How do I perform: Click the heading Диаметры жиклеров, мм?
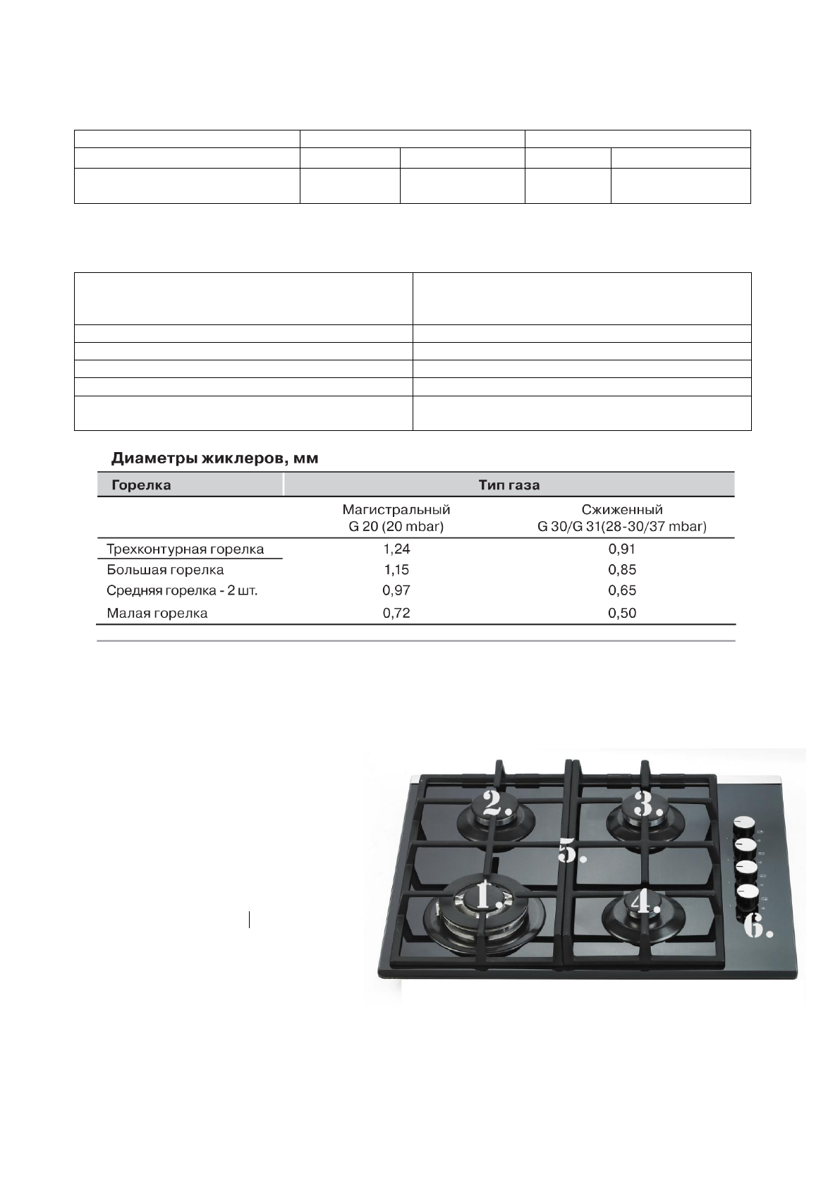215,459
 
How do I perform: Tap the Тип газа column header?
509,485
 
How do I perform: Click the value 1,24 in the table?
396,549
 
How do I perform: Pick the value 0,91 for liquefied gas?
622,549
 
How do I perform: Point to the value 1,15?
396,569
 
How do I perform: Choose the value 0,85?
622,569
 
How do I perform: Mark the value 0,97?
396,590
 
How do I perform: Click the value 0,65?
622,590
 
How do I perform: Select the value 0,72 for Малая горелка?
396,613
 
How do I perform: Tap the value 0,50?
622,613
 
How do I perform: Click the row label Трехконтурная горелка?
185,549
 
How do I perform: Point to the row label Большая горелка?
165,569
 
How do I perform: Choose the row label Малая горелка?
157,613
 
